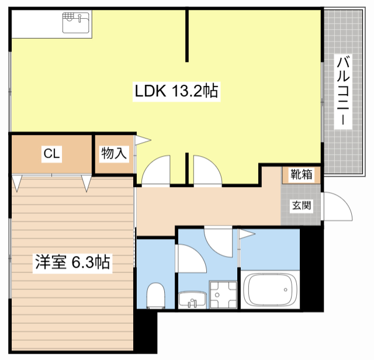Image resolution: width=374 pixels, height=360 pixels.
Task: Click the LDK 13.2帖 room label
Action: [x=176, y=91]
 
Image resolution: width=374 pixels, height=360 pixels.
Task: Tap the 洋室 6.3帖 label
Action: [x=72, y=262]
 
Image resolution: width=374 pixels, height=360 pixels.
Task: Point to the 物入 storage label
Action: [x=114, y=153]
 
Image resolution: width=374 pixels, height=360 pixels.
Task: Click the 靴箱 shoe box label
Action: [x=302, y=174]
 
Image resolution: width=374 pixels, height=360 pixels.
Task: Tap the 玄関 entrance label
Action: [x=302, y=205]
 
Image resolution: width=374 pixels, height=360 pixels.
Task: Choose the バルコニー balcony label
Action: [x=343, y=91]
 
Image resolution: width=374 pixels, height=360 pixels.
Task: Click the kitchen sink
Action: [x=76, y=23]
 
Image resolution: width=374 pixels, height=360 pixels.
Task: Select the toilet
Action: [x=156, y=296]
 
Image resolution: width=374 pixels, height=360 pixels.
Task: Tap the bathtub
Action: [x=270, y=289]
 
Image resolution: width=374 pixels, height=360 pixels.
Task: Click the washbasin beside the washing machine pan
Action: [x=192, y=300]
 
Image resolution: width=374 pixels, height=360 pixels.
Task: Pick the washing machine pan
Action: [x=223, y=295]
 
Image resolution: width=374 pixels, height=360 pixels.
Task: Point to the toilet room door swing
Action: [x=191, y=258]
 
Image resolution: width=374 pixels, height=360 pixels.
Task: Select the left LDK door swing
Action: [x=156, y=169]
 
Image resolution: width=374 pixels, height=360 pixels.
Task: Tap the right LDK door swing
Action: [x=207, y=169]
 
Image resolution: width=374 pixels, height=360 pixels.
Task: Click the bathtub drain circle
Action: [x=286, y=290]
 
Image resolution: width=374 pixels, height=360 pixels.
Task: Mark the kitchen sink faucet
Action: [x=80, y=18]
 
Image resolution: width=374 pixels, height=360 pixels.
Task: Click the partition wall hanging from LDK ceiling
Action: [x=187, y=35]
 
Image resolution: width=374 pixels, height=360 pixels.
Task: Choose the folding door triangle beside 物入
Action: [x=143, y=140]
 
